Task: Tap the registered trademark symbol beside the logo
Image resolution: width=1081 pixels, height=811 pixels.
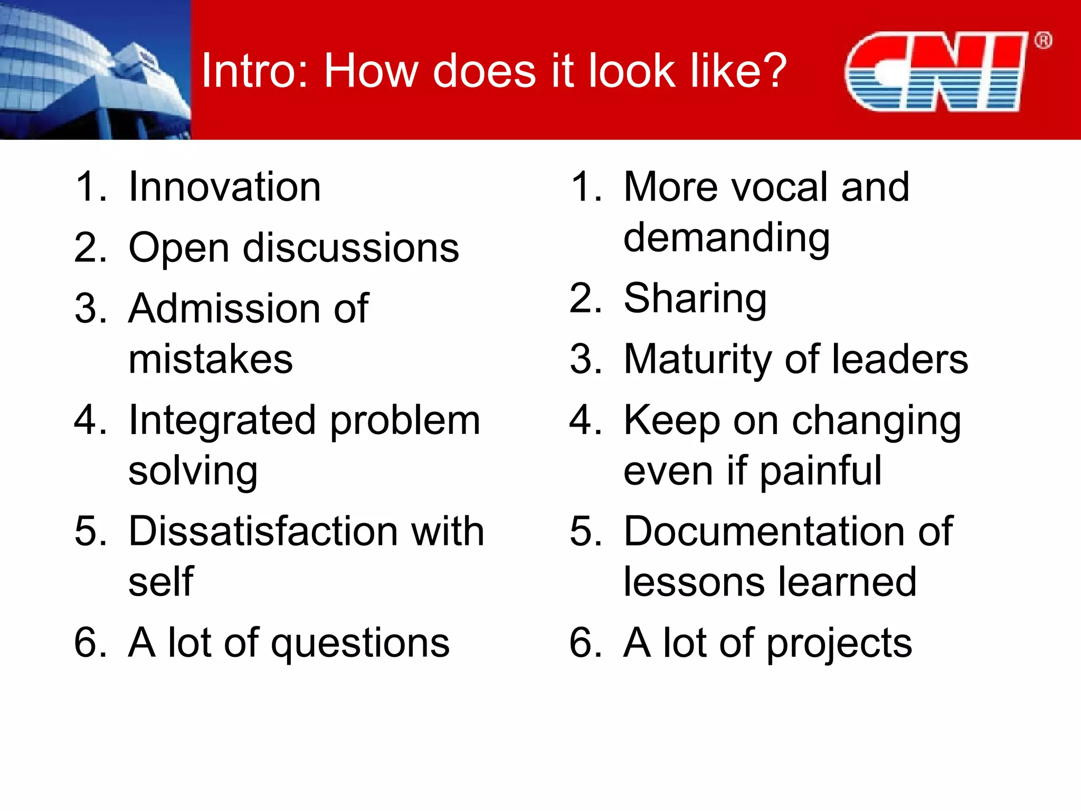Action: (1043, 41)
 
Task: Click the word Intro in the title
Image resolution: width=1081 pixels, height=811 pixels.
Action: (251, 71)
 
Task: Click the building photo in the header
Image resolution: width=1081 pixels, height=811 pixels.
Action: (95, 70)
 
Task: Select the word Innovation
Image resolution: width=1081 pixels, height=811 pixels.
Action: (225, 187)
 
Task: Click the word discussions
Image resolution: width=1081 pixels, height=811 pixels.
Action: (351, 248)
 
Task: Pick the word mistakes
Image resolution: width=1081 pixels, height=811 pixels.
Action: (210, 360)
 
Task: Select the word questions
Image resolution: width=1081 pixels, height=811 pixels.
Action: (360, 643)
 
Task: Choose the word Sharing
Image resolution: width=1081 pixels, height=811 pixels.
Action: (695, 299)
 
